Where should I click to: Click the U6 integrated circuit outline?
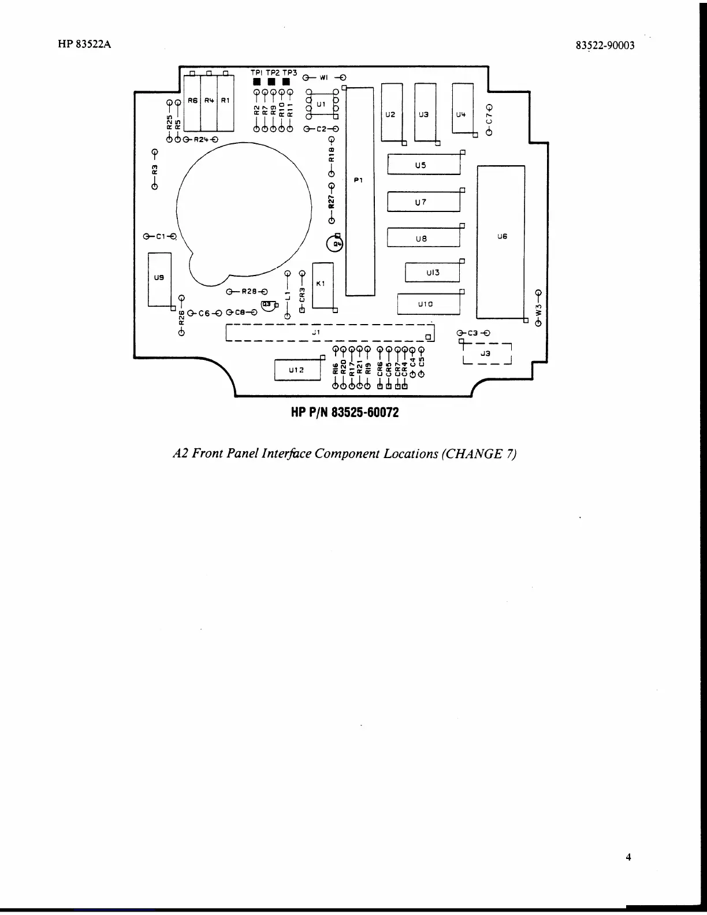coord(501,241)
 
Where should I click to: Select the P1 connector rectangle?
coord(360,191)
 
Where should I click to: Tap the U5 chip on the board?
coord(423,165)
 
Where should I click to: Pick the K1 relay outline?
coord(322,284)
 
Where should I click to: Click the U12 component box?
coord(297,370)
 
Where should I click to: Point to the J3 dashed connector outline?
coord(487,354)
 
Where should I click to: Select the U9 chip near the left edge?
coord(159,279)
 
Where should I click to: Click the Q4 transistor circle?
coord(334,244)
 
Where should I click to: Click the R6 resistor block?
coord(192,104)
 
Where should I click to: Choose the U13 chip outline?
coord(432,272)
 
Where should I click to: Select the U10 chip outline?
coord(429,304)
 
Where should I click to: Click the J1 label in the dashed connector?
coord(315,333)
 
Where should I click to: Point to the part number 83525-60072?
coord(344,413)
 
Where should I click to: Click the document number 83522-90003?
coord(605,46)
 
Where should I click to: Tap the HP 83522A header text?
coord(84,44)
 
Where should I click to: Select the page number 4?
coord(628,857)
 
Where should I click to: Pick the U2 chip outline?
coord(392,113)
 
